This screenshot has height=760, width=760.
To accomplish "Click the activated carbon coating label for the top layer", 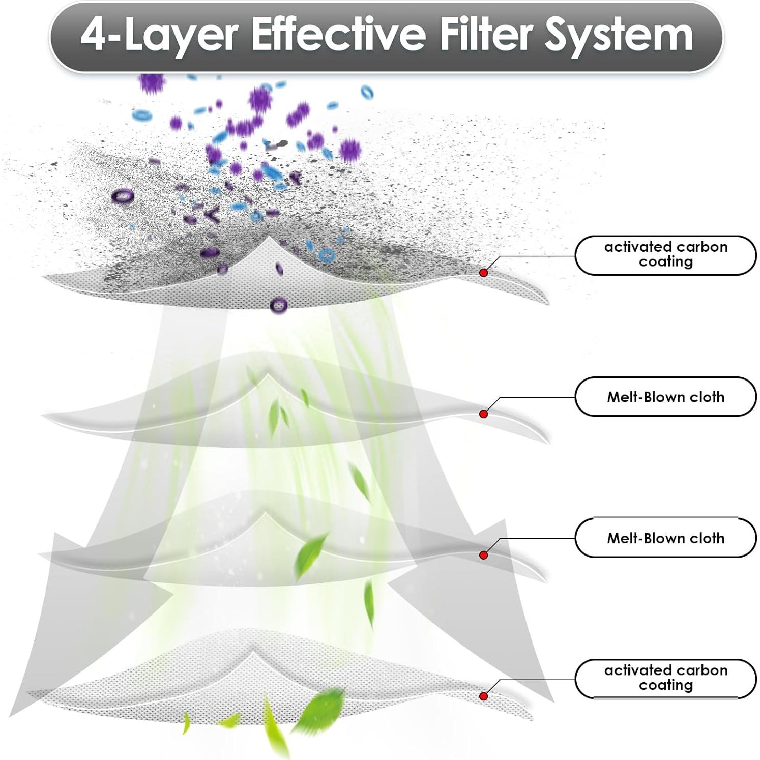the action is click(x=666, y=254).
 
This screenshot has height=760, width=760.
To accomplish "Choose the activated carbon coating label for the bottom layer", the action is click(x=666, y=678).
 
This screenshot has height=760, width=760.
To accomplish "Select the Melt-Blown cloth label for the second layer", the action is click(x=666, y=397).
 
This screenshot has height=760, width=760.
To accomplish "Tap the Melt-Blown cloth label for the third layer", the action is click(x=666, y=538).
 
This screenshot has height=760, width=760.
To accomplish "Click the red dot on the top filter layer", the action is click(x=484, y=273).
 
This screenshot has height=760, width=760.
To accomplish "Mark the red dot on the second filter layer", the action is click(x=484, y=414).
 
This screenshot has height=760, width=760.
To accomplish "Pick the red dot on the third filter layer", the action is click(x=484, y=555).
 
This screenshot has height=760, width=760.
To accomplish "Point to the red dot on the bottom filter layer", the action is click(x=484, y=696).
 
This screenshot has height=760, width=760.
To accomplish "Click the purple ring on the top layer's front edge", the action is click(x=278, y=306).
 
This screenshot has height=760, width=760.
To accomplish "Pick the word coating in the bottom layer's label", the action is click(x=666, y=685).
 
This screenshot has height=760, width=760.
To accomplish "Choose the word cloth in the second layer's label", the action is click(x=707, y=397).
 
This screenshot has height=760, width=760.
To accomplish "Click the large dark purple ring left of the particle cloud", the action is click(x=123, y=195).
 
